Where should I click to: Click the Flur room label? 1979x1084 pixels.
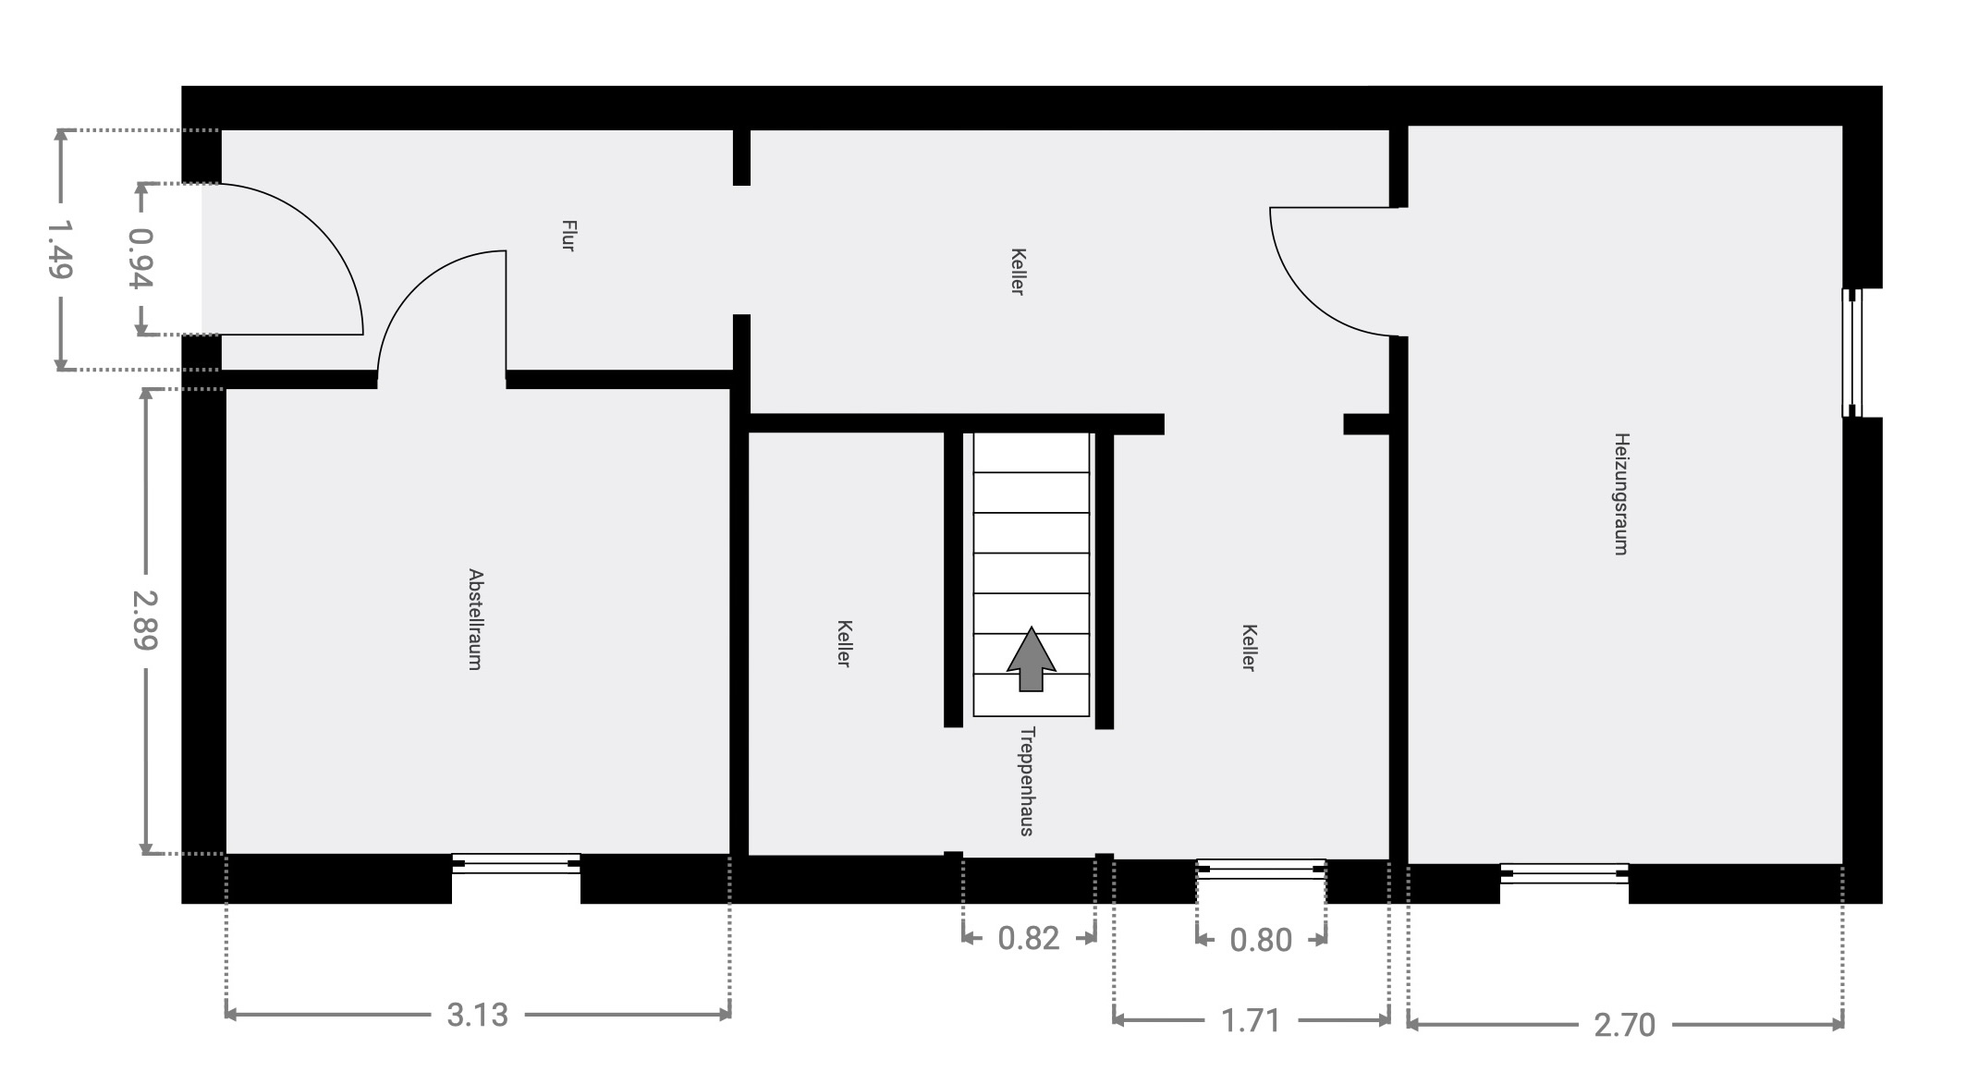568,236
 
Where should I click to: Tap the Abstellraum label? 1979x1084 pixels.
475,619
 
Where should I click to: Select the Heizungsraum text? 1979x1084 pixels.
1620,493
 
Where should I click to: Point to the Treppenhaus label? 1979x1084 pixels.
1026,782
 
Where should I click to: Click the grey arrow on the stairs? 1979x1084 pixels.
1031,659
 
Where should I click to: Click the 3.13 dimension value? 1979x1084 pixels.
477,1015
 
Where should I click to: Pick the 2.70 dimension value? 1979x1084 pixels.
1624,1024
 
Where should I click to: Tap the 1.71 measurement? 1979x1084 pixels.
1251,1020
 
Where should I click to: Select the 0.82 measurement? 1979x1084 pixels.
1028,938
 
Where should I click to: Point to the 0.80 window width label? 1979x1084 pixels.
1261,940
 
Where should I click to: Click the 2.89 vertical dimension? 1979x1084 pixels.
145,619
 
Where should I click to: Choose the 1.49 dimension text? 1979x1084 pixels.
60,249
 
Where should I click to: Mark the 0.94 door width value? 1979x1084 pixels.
140,259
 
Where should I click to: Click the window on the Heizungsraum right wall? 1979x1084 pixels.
1851,353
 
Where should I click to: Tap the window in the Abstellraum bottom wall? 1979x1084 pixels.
516,864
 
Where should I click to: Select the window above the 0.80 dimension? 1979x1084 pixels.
1261,869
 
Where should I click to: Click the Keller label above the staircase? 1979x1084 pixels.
1018,272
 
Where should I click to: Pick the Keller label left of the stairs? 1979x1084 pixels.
844,643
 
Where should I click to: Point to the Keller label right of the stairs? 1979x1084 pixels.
1249,648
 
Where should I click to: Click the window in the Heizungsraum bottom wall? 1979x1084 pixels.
1564,873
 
